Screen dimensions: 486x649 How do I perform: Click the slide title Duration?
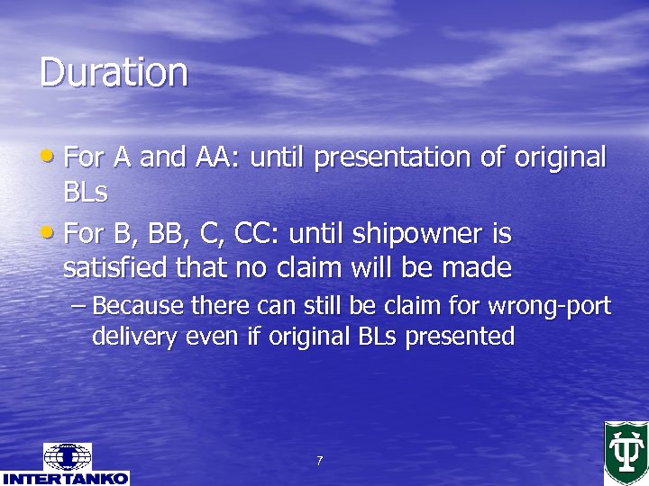[114, 72]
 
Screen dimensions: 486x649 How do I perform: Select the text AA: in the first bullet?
[216, 157]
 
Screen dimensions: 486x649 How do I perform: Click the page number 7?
[319, 462]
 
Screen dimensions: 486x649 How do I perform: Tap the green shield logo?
[626, 452]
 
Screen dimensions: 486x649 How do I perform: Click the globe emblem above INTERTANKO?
[68, 456]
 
